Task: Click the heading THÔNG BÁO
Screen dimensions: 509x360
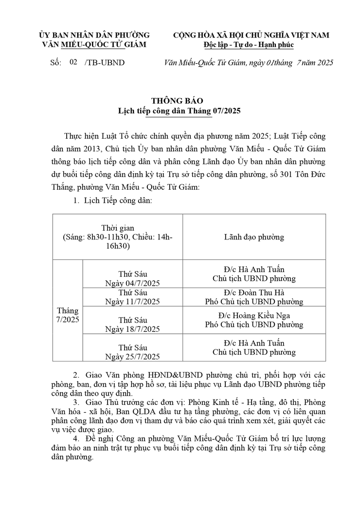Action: (x=180, y=101)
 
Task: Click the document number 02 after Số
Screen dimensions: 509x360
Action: (x=73, y=62)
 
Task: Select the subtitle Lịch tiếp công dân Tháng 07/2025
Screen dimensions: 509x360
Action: (x=180, y=111)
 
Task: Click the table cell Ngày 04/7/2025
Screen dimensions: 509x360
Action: (x=132, y=283)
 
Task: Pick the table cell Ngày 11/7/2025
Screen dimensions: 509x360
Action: (x=132, y=302)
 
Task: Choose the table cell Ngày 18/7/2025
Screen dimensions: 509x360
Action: (x=132, y=329)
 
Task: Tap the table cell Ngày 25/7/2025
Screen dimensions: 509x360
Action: (x=132, y=357)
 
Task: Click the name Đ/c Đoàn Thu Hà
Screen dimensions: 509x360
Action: (x=254, y=292)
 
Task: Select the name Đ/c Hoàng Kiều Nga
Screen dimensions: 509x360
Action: (x=254, y=315)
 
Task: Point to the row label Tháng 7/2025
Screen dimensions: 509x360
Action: (x=67, y=315)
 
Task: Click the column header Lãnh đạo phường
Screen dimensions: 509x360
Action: (x=254, y=237)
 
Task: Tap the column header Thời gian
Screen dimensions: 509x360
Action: (x=117, y=228)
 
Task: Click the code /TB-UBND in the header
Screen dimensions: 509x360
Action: (x=104, y=63)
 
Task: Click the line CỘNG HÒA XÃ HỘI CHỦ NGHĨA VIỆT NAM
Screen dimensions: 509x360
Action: (x=251, y=35)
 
